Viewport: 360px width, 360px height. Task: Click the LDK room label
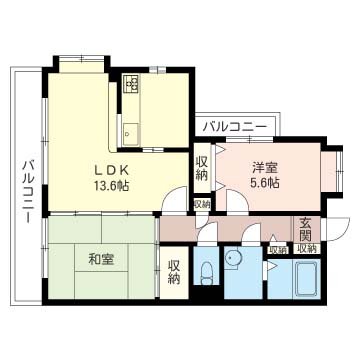click(x=112, y=171)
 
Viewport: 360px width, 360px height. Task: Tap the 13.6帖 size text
click(x=112, y=186)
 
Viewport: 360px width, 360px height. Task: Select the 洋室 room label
click(x=265, y=168)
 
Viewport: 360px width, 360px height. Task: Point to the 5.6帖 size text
click(x=265, y=183)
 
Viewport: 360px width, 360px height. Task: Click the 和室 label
click(x=101, y=259)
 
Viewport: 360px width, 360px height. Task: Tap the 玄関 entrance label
click(x=306, y=230)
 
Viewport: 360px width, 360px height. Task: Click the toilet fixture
click(x=207, y=272)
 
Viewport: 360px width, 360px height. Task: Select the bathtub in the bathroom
click(x=306, y=278)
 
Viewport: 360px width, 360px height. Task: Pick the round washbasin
click(x=232, y=259)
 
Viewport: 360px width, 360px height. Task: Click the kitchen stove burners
click(x=131, y=84)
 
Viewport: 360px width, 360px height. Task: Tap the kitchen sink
click(x=130, y=134)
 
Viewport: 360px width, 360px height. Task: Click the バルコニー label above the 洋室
click(x=235, y=127)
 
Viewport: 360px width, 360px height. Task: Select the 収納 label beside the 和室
click(x=174, y=272)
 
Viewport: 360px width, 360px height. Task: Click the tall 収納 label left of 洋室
click(x=202, y=168)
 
